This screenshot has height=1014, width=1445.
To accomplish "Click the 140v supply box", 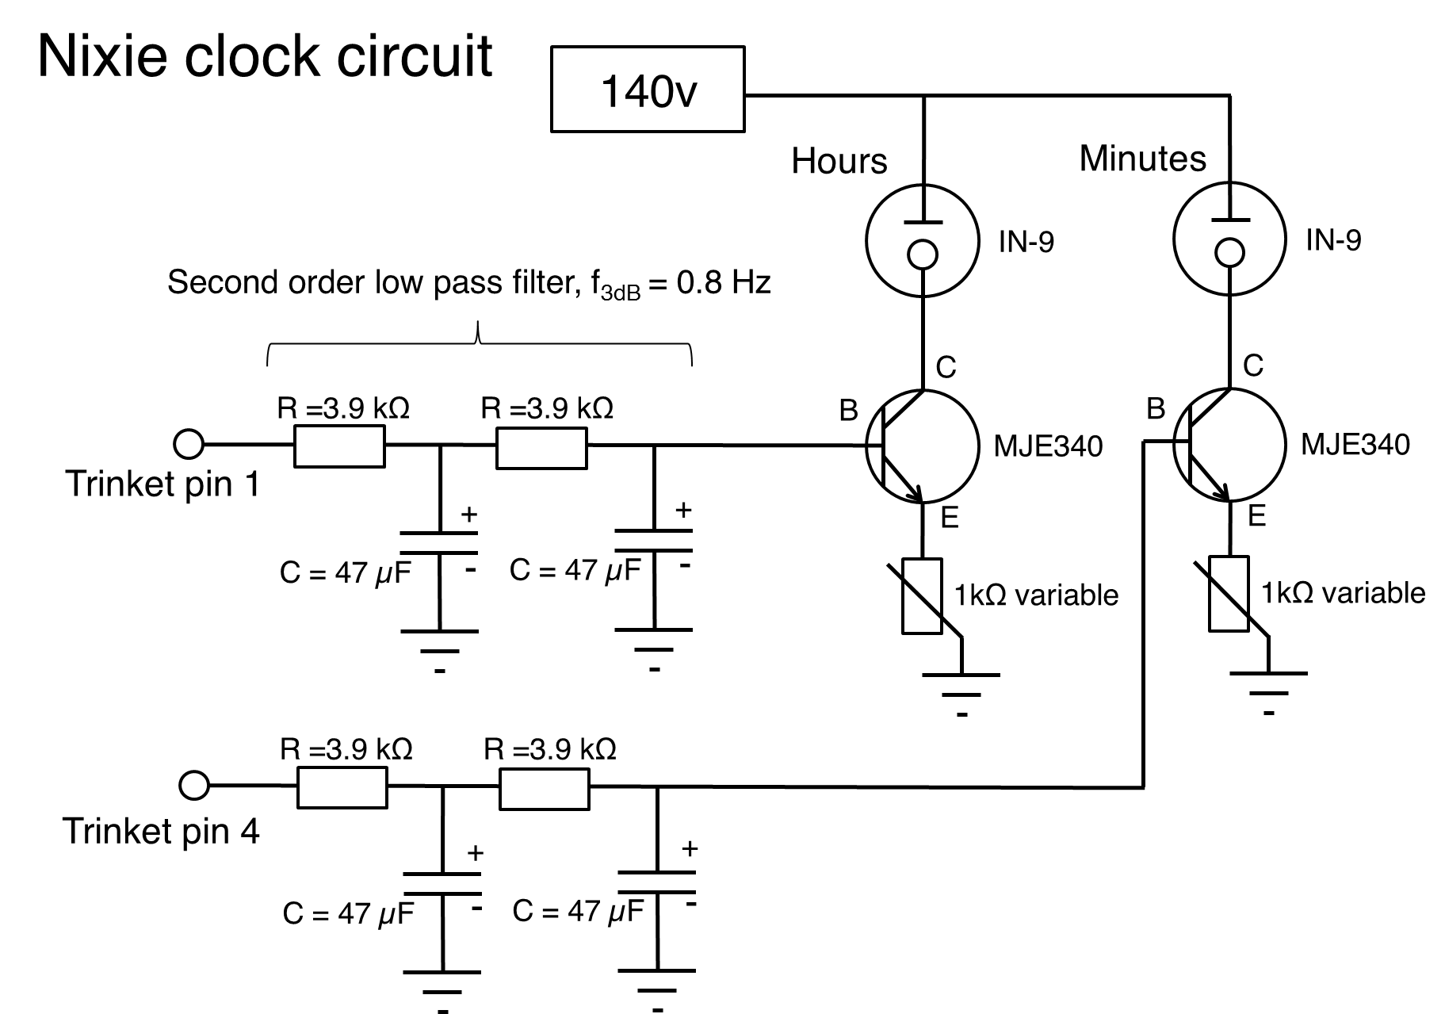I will (648, 89).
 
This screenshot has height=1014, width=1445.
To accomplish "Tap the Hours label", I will (839, 161).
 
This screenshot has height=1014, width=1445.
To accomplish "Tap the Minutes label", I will (1142, 159).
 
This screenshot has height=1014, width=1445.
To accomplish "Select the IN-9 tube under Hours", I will (922, 239).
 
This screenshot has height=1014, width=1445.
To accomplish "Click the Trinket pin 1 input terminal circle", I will (189, 444).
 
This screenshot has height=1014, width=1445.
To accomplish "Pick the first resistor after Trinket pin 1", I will (339, 446).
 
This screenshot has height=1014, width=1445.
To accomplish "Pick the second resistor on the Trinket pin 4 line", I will (544, 786).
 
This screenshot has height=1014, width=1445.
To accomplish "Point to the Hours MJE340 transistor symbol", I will (922, 446).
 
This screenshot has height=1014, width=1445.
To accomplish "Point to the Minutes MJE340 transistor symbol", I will (1229, 445).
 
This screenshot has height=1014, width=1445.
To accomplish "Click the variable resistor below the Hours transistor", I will (923, 595).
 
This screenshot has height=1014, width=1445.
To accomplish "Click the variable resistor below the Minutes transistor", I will (1229, 594).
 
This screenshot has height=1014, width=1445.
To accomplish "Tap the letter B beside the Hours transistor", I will (848, 411).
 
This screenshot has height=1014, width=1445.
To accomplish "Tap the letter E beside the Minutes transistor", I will (1256, 516).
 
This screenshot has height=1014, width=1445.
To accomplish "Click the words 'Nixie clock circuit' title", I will (265, 56).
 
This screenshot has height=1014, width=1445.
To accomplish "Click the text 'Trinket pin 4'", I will (161, 831).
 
